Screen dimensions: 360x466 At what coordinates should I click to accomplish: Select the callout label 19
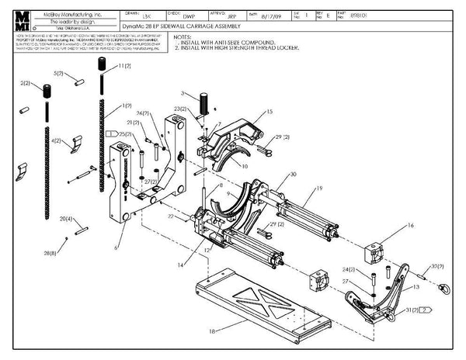318,189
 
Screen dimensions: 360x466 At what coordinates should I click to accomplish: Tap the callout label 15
270,112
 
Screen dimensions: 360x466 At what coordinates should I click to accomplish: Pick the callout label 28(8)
50,253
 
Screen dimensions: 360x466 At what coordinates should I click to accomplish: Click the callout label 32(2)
436,265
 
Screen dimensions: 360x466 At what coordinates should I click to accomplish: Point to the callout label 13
416,286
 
